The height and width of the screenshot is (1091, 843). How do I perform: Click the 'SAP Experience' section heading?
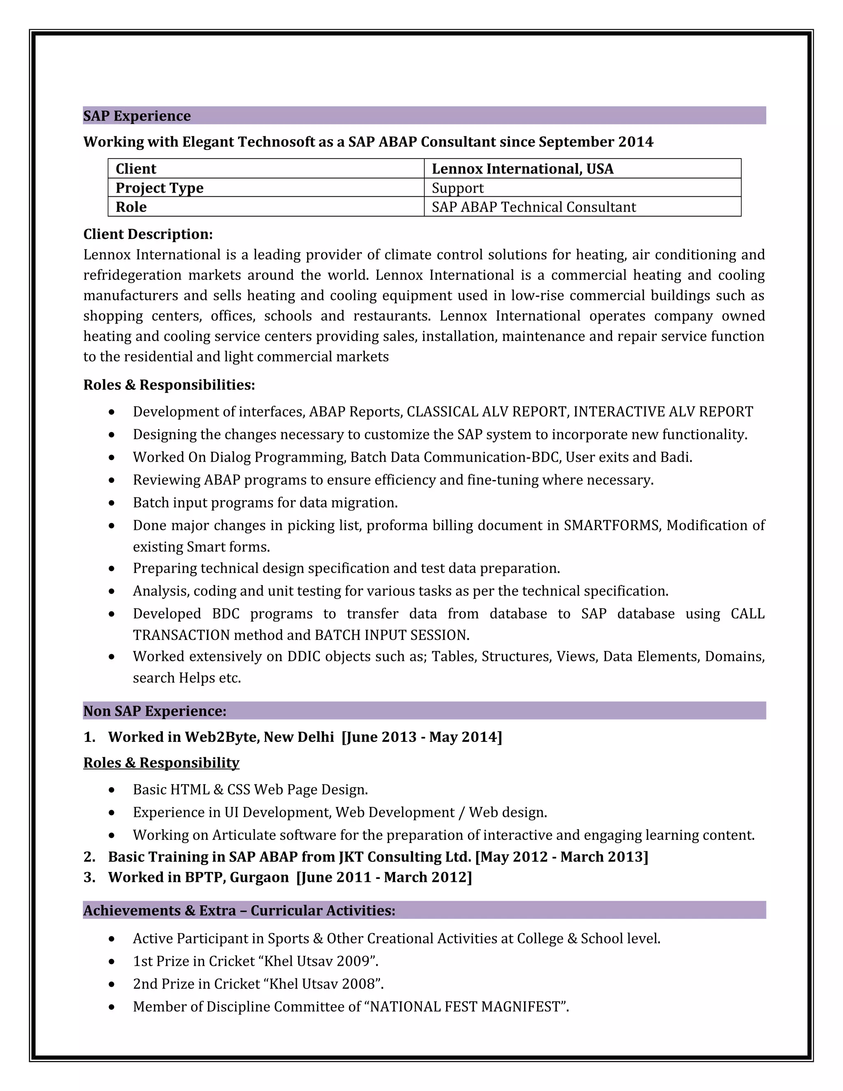(x=137, y=116)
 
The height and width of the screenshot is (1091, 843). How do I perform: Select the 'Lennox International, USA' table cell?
(x=522, y=169)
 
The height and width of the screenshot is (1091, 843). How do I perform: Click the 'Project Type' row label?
(x=159, y=188)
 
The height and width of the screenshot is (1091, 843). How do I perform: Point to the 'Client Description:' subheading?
(x=148, y=234)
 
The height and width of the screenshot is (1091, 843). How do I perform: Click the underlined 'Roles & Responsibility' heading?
(x=161, y=763)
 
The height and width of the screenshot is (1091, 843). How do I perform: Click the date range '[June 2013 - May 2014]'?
(x=421, y=737)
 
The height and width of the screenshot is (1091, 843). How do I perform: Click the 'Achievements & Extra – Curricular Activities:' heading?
(x=239, y=911)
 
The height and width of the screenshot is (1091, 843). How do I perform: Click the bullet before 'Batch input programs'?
(x=112, y=503)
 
